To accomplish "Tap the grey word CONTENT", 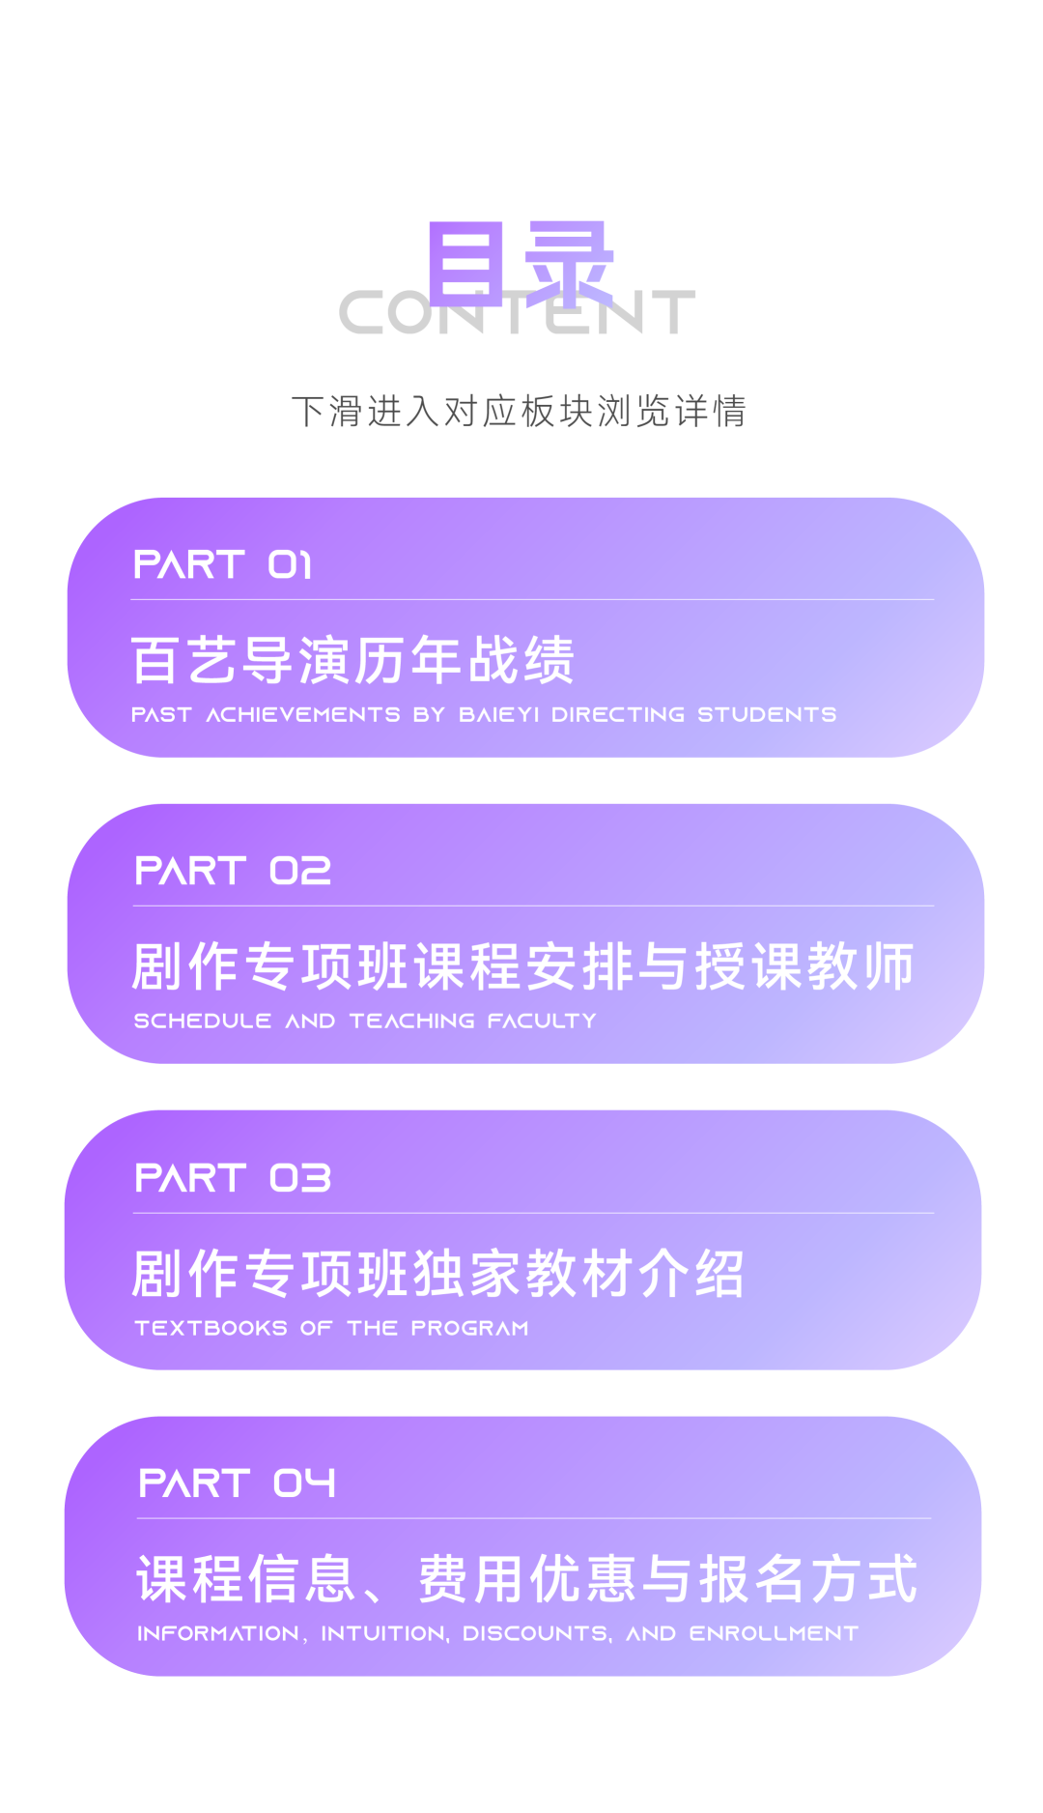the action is [x=518, y=312].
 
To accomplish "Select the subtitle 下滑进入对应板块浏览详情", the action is [x=520, y=411].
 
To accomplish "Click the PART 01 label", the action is [x=222, y=564].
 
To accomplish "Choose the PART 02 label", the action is [x=233, y=871].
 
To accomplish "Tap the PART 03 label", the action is [x=233, y=1177].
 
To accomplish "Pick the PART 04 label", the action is [x=237, y=1482].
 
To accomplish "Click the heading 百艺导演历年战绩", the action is [x=352, y=660].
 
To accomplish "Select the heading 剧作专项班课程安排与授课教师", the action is [x=522, y=966].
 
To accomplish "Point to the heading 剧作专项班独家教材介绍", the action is [x=437, y=1273].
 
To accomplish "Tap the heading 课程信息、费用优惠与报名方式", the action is [x=526, y=1578].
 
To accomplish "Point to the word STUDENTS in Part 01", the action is [x=767, y=714].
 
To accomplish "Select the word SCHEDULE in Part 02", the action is [x=202, y=1021].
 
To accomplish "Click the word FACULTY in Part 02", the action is [x=542, y=1021].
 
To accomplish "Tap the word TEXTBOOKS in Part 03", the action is [x=211, y=1328].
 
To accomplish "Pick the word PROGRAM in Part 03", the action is [x=469, y=1328].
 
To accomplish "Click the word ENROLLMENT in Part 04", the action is [x=773, y=1633].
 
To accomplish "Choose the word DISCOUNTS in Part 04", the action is [x=537, y=1633].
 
